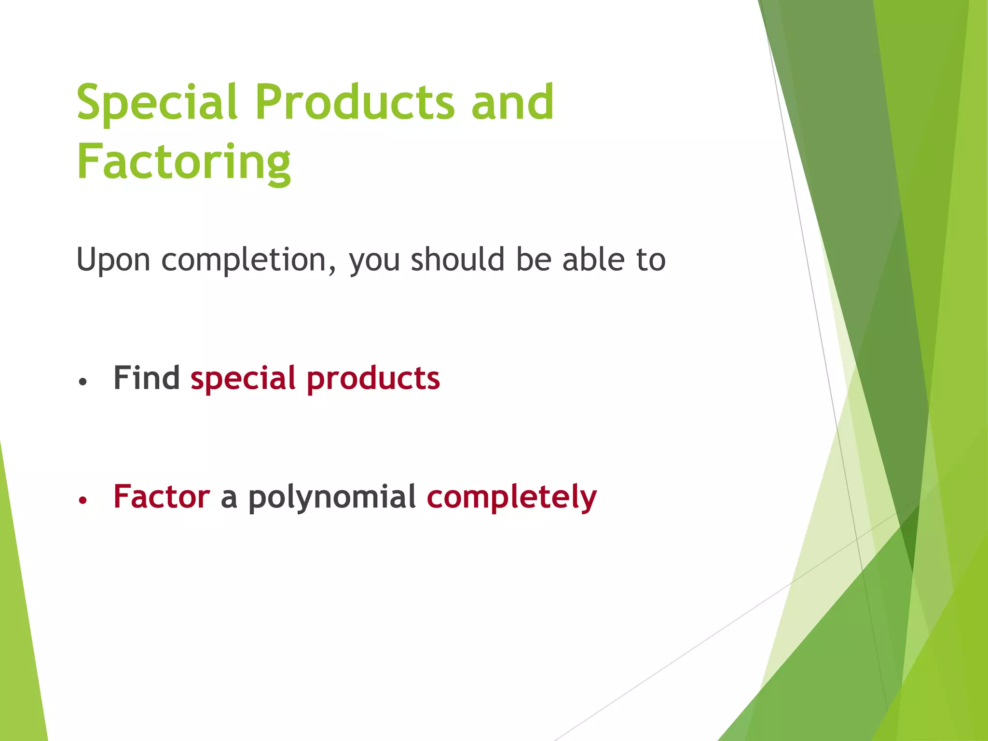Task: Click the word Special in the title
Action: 157,102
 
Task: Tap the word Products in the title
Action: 356,102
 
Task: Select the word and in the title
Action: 512,102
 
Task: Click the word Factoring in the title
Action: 183,162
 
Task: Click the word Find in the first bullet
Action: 147,378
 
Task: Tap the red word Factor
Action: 162,496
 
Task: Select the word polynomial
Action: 332,497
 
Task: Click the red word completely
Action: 511,497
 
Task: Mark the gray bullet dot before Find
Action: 83,382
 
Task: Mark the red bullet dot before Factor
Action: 83,500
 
